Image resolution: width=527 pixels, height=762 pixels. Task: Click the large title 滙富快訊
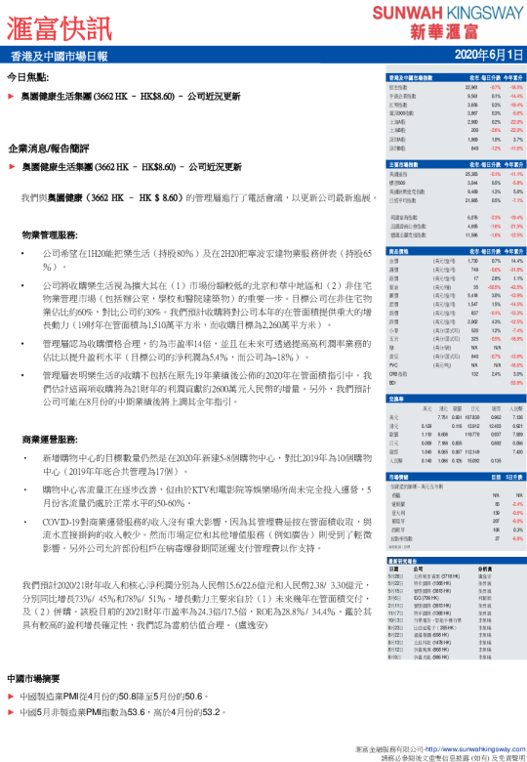click(x=61, y=22)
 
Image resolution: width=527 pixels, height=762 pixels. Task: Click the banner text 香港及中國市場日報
click(x=60, y=56)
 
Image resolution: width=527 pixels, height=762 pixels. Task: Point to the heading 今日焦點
click(x=27, y=76)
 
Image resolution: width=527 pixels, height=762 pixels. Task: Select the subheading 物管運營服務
click(x=50, y=235)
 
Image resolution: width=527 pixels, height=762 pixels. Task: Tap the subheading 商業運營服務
click(x=50, y=438)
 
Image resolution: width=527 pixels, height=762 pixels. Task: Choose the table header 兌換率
click(x=397, y=371)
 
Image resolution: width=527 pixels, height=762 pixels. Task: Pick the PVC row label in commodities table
click(x=394, y=337)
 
